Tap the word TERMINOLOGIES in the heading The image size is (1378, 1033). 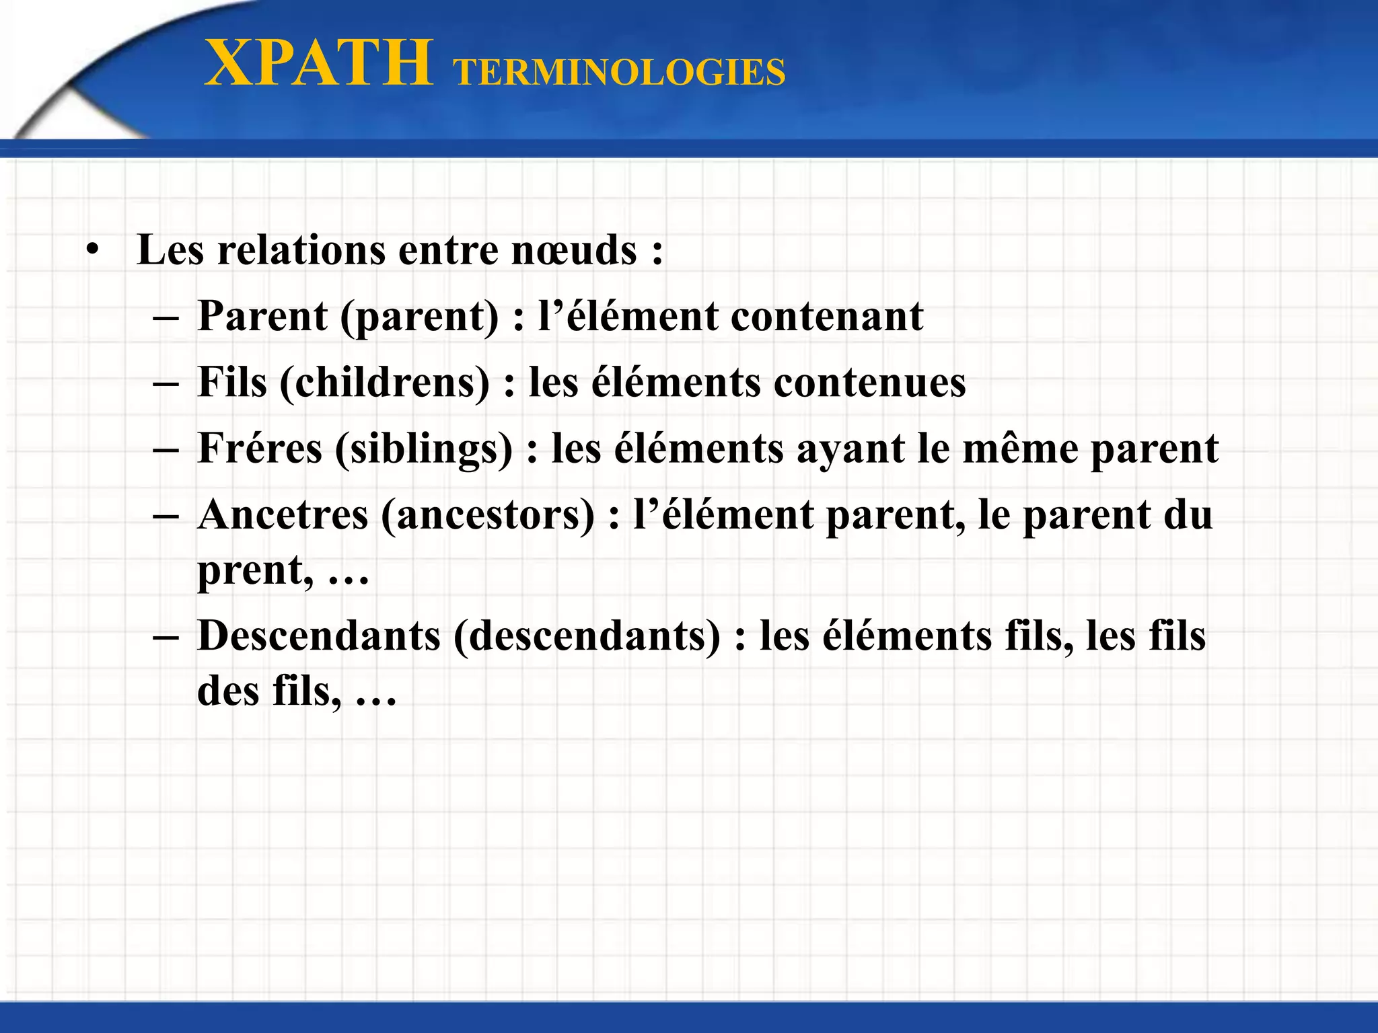coord(619,73)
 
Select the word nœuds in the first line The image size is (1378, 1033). coord(574,250)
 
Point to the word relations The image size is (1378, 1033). coord(301,250)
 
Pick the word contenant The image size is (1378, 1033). coord(827,316)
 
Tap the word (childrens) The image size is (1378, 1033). coord(384,383)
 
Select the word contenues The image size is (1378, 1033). coord(869,383)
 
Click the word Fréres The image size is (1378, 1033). coord(260,449)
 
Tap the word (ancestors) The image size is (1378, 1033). coord(488,515)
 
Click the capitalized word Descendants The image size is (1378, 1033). coord(318,636)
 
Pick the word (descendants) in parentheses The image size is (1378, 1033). coord(587,636)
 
